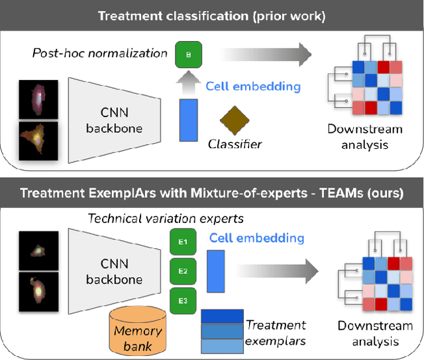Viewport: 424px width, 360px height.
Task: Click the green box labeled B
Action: click(x=189, y=54)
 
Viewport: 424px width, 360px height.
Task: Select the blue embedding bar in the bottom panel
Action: click(x=216, y=271)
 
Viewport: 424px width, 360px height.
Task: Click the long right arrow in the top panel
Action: click(x=265, y=54)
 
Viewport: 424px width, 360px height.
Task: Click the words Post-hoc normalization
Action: click(x=99, y=53)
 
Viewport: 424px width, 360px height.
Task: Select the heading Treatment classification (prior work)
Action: click(x=212, y=15)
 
